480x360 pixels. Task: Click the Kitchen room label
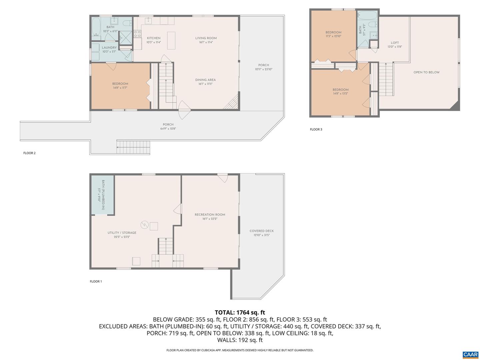(x=154, y=38)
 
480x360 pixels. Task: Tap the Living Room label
(x=206, y=38)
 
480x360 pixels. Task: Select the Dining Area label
(x=205, y=80)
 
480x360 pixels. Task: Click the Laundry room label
(x=109, y=48)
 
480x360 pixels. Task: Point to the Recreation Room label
(x=210, y=215)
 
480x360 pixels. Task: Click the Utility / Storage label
(x=122, y=233)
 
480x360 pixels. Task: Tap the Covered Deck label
(x=262, y=231)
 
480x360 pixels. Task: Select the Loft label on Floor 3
(x=395, y=43)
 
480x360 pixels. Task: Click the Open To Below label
(x=426, y=72)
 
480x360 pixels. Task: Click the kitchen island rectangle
(x=171, y=40)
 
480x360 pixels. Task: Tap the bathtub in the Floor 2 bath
(x=96, y=27)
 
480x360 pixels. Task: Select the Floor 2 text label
(x=29, y=153)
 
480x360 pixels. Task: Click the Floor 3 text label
(x=316, y=129)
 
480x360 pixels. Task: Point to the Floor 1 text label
(x=96, y=281)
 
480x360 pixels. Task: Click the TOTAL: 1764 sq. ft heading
(x=240, y=312)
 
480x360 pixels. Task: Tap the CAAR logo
(x=470, y=354)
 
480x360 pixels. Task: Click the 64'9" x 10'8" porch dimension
(x=168, y=129)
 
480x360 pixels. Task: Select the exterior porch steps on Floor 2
(x=133, y=147)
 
